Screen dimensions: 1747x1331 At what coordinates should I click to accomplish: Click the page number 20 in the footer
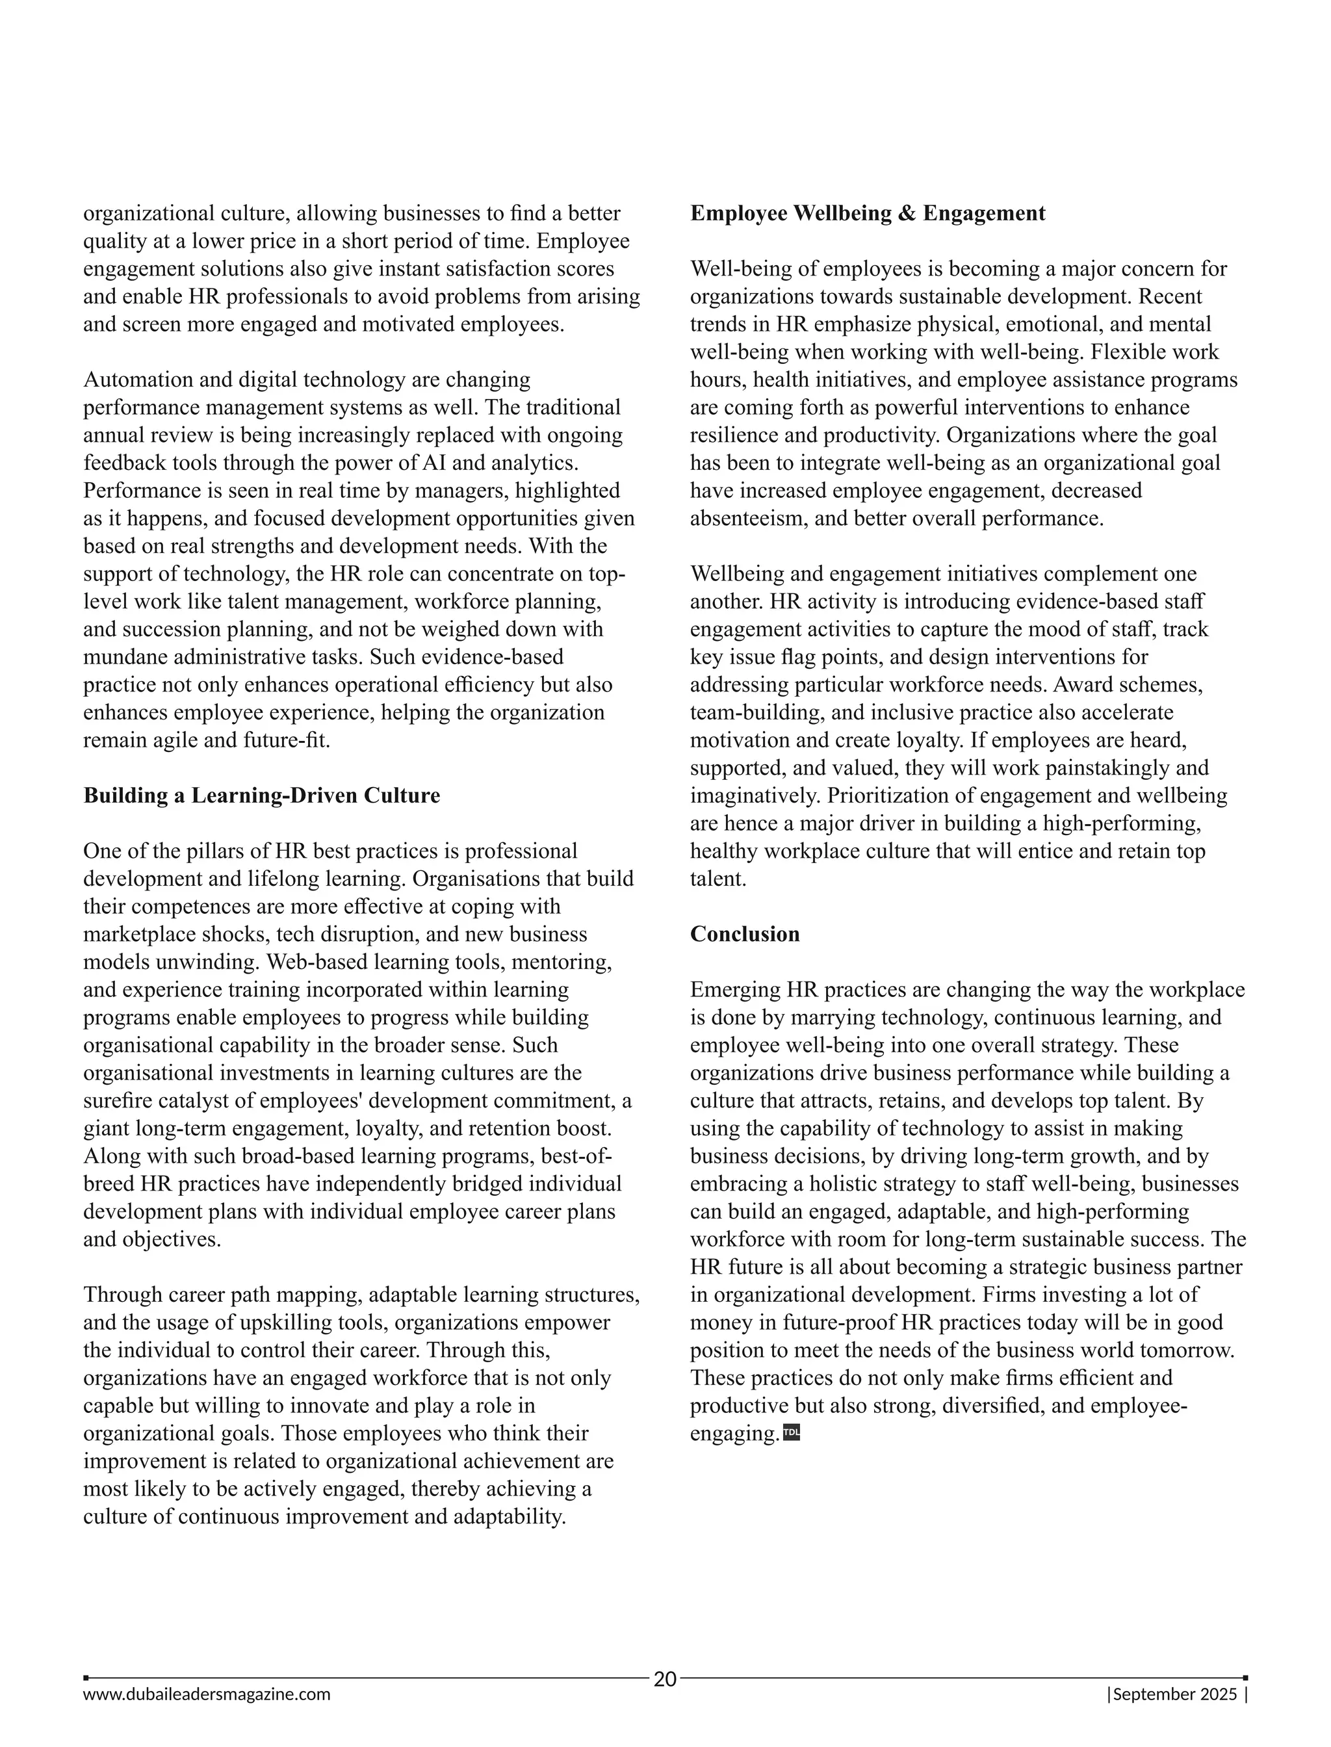[x=665, y=1678]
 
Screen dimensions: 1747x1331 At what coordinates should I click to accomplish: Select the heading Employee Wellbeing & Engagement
[x=868, y=213]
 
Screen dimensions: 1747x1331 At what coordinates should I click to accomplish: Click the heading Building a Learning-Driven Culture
[x=261, y=796]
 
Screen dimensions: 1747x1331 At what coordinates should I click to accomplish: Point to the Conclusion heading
[x=745, y=934]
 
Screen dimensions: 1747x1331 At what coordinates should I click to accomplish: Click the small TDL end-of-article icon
[x=792, y=1432]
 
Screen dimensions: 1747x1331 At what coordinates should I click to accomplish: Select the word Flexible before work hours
[x=1126, y=352]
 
